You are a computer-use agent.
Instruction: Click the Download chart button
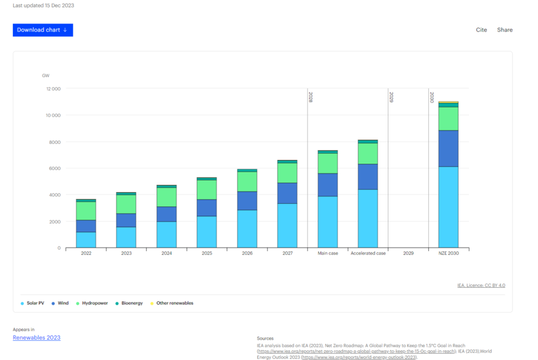click(43, 30)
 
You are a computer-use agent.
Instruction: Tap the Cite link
click(481, 30)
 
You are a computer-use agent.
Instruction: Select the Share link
click(505, 30)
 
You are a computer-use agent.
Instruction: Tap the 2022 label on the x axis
click(86, 253)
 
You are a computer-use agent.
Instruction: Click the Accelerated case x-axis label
click(368, 253)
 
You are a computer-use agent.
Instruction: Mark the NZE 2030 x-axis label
click(449, 253)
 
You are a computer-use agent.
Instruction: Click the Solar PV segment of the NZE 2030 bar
click(449, 207)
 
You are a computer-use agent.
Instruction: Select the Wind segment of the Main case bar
click(328, 185)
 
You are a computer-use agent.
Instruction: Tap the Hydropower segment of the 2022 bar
click(86, 211)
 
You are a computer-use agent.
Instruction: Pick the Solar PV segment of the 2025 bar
click(207, 232)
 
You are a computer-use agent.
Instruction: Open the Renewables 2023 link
click(36, 338)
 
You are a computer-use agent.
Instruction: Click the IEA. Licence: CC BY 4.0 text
click(481, 285)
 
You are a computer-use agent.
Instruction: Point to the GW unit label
click(46, 75)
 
